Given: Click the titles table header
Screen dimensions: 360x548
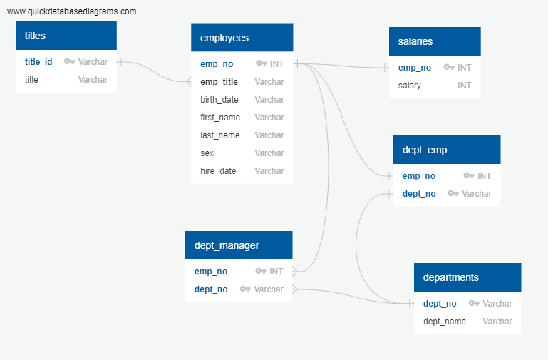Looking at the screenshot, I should click(x=66, y=36).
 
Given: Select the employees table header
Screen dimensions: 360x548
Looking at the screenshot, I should click(x=242, y=37).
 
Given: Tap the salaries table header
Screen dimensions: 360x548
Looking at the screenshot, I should click(x=434, y=41).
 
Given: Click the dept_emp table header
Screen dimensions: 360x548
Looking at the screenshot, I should click(x=446, y=150).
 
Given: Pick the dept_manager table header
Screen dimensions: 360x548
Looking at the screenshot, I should click(x=238, y=245).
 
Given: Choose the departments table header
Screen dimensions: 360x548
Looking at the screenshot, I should click(x=467, y=277).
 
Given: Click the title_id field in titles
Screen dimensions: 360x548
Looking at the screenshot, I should click(x=38, y=62).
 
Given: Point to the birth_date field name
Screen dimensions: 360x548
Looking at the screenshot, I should click(x=219, y=100).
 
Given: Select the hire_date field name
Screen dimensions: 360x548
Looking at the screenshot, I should click(x=218, y=171).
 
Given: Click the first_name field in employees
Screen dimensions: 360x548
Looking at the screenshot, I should click(x=220, y=118).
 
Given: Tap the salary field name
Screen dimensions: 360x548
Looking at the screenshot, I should click(x=410, y=86).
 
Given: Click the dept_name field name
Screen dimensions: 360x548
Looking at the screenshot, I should click(x=445, y=322).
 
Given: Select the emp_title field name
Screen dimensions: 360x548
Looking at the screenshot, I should click(x=219, y=82).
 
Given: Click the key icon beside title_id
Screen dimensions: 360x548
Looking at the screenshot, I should click(x=69, y=62).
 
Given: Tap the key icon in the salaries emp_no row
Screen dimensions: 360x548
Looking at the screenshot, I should click(x=449, y=68).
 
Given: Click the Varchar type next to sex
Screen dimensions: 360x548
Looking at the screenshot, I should click(x=269, y=153).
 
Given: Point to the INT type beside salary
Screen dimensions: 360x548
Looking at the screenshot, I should click(x=464, y=86).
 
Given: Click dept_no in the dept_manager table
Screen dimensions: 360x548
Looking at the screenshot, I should click(x=211, y=289).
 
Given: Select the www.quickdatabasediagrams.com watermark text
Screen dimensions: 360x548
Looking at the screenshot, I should click(x=72, y=11).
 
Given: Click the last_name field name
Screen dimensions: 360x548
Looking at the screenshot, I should click(x=220, y=135).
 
